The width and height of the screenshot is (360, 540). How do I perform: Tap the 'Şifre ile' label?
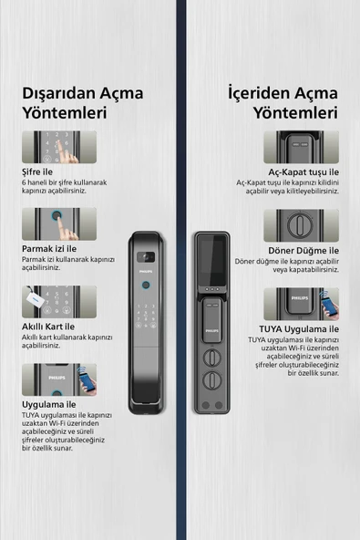39,171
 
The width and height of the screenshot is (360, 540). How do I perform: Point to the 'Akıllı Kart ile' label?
48,327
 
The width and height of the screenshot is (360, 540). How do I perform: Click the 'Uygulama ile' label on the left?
48,403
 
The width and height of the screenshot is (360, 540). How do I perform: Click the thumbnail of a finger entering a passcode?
59,147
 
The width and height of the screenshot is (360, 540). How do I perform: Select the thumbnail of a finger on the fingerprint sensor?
59,224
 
